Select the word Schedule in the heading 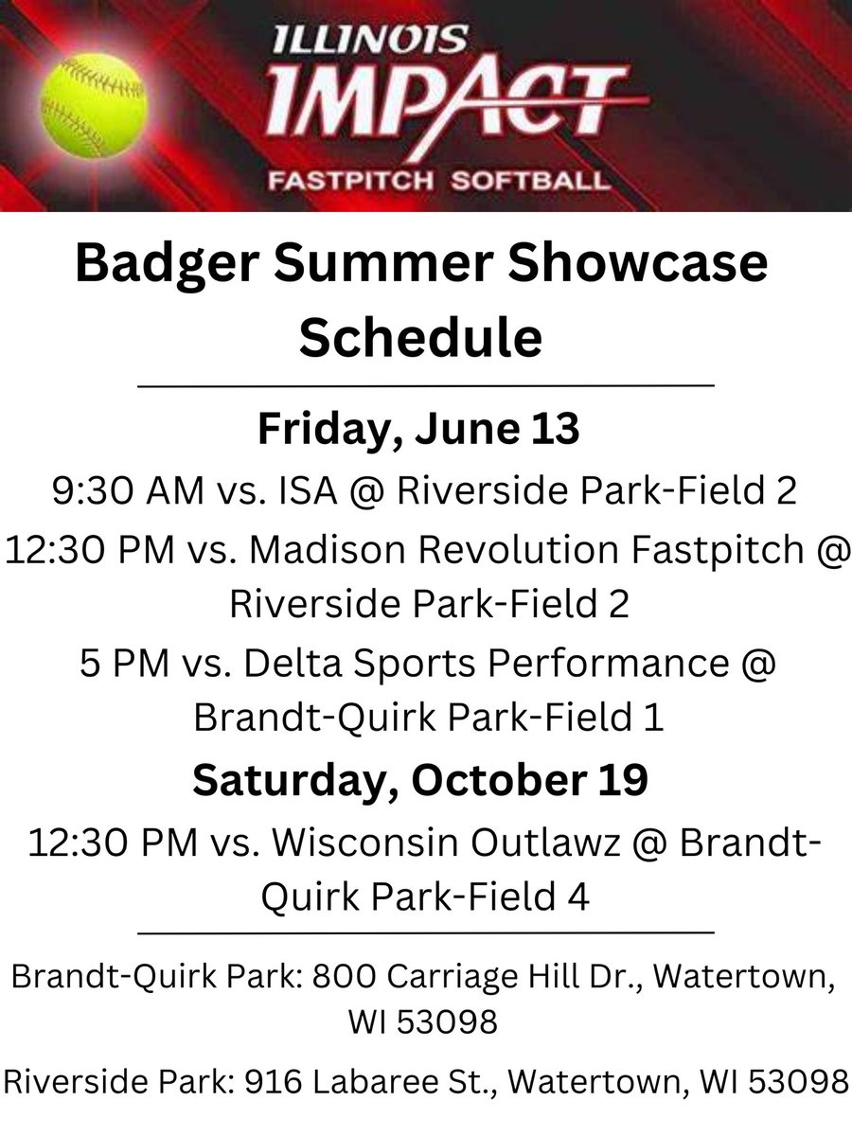point(421,337)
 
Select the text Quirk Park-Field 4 point(425,896)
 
